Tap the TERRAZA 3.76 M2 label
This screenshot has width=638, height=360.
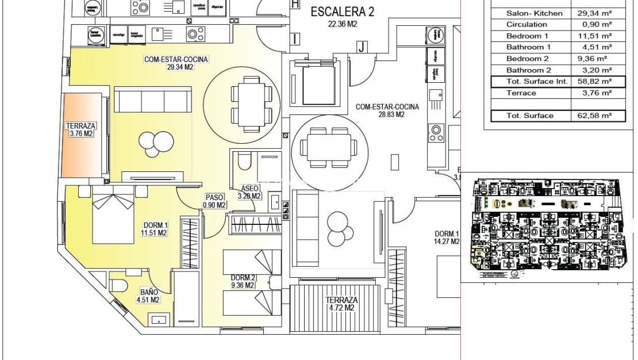click(81, 129)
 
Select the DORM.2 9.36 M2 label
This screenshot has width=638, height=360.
click(244, 281)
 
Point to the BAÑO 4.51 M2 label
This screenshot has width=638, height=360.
click(147, 296)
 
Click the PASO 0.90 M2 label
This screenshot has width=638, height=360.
click(215, 201)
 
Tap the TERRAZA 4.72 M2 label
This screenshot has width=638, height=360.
click(341, 304)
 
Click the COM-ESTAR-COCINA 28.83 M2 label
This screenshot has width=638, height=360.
click(387, 110)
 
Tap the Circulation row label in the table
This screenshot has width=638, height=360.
click(526, 25)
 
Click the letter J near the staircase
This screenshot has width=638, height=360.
click(362, 48)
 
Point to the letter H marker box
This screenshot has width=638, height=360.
click(295, 4)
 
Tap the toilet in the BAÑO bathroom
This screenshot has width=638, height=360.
click(119, 285)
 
